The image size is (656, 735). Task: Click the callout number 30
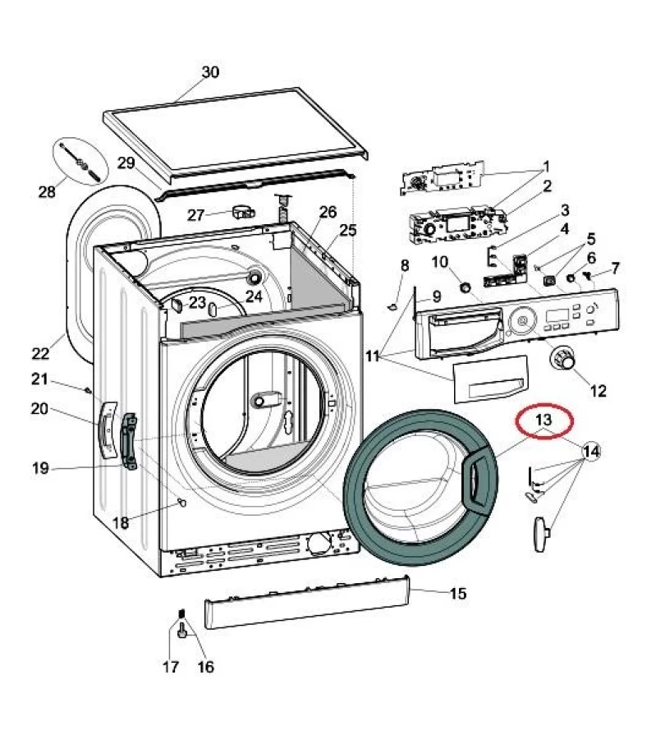point(210,72)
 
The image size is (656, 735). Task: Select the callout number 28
point(47,192)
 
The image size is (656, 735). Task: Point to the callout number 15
point(457,593)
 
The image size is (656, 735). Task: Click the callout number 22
point(40,354)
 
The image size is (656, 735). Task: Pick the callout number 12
point(598,391)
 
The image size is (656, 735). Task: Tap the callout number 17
point(170,668)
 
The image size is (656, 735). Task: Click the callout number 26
point(328,212)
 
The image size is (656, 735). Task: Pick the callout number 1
point(546,165)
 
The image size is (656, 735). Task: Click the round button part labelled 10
point(466,287)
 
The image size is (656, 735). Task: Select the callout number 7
point(615,268)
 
